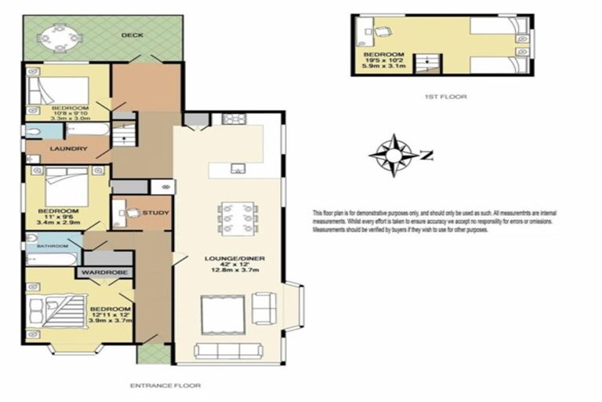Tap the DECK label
[131, 35]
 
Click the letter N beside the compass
[426, 154]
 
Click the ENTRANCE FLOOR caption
[165, 386]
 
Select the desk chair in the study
[133, 212]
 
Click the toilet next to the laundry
[34, 130]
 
